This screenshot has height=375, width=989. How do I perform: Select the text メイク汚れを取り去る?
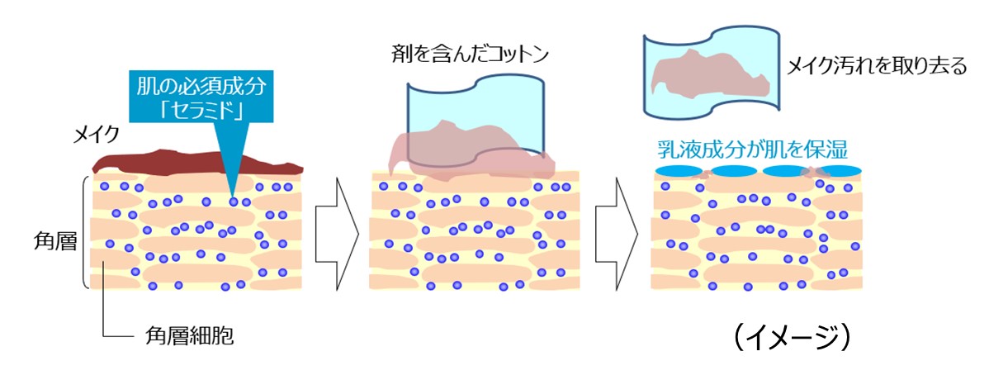coord(878,67)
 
